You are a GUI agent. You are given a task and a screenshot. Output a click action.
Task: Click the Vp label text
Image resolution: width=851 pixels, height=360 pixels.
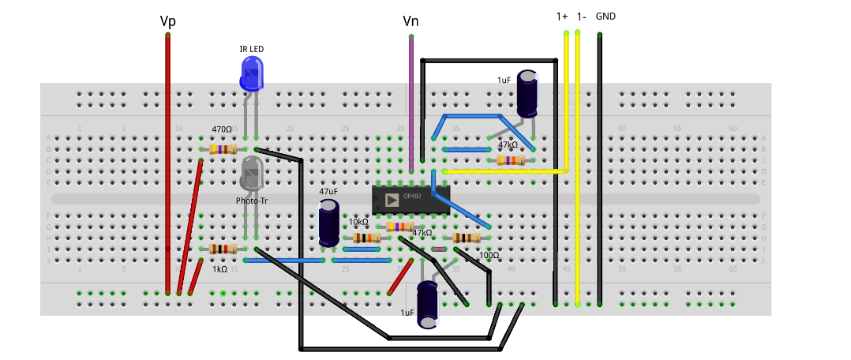coord(167,21)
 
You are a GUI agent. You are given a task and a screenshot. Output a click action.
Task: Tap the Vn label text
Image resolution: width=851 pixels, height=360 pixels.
coord(411,21)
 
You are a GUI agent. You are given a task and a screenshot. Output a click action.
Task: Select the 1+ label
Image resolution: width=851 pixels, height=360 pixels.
coord(562,16)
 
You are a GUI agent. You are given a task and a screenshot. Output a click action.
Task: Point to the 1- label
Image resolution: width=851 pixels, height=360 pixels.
coord(581,16)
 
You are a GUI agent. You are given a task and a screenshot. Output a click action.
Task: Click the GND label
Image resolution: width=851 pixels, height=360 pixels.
coord(606,16)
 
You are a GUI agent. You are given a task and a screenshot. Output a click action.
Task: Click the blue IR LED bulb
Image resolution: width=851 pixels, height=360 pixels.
coord(252,73)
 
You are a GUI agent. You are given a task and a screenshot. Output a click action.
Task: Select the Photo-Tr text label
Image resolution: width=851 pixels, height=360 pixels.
coord(252,201)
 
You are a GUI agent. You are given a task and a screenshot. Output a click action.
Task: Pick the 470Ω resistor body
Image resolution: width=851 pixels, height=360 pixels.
coord(223,149)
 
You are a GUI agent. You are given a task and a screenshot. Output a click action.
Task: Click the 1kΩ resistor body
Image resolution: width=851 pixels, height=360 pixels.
coord(223,249)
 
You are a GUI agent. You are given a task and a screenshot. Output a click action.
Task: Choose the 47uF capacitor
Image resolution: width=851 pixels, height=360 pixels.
coord(329,223)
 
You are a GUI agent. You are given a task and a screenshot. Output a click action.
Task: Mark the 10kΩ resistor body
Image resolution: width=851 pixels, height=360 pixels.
coord(366,238)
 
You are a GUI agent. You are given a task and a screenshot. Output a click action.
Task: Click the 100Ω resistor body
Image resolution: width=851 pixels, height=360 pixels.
coord(467,238)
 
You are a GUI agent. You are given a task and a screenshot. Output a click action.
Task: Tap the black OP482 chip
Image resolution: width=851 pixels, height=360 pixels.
coord(411,199)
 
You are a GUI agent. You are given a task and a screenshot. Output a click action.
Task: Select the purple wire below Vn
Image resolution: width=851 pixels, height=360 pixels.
coord(411,103)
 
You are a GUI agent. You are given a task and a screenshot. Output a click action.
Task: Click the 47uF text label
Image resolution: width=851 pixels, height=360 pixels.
coord(329,191)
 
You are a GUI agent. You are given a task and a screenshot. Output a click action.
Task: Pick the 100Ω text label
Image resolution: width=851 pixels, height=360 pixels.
coord(489,256)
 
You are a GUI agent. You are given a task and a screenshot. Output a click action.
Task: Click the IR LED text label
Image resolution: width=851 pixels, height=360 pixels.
coord(252,49)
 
